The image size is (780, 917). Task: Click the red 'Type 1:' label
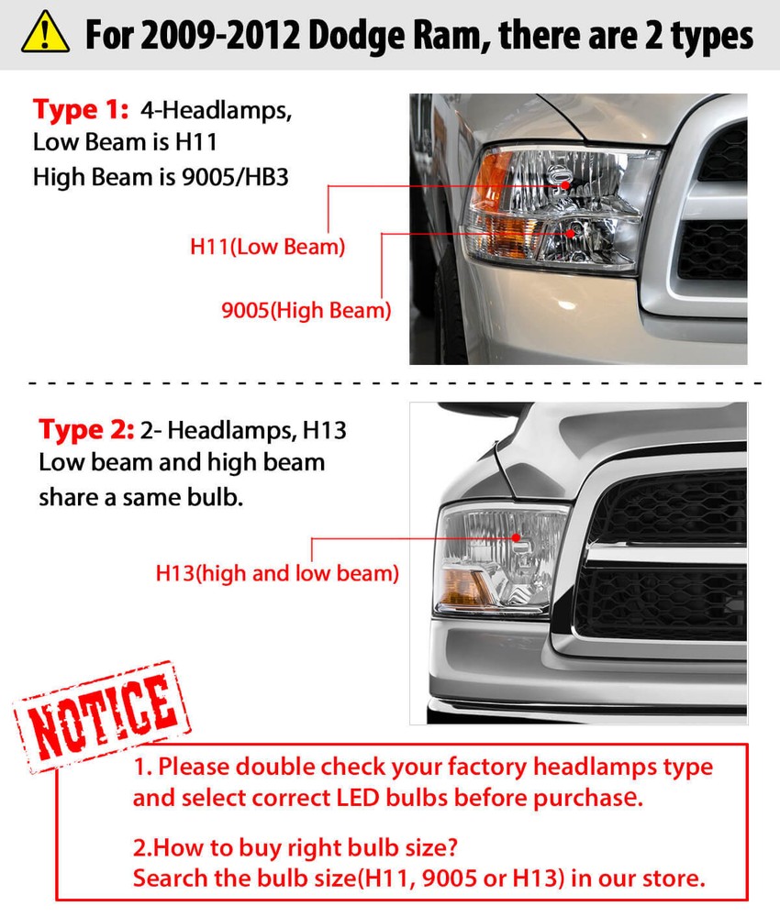click(81, 111)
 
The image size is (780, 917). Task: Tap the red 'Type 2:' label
click(86, 429)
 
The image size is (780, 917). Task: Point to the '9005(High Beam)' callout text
click(306, 310)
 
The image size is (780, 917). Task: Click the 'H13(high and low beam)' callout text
click(277, 574)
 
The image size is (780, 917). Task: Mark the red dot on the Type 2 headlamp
click(517, 537)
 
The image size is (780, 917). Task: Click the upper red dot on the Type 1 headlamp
click(566, 184)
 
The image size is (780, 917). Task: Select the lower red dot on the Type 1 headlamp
click(571, 234)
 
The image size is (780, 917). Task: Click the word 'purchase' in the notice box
click(590, 798)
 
